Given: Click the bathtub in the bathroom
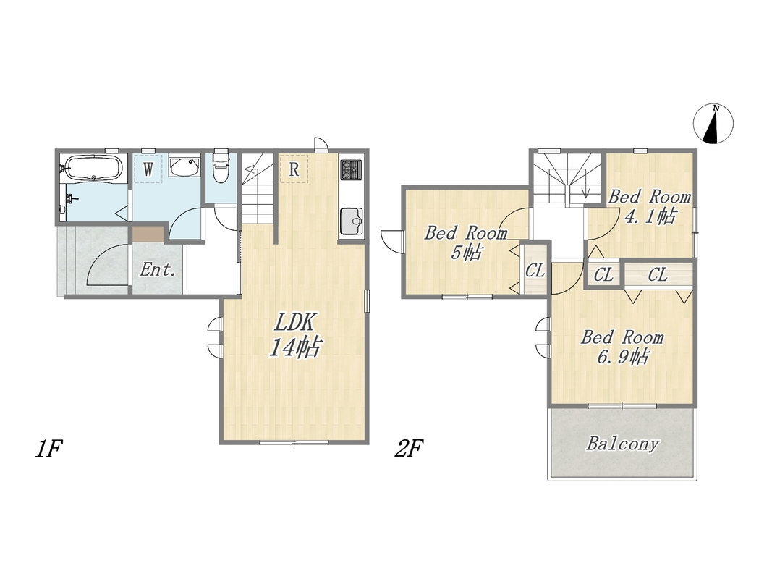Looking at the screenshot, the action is click(93, 169).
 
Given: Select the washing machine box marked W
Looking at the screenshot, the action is click(148, 169).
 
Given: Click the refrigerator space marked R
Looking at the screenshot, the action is click(294, 169).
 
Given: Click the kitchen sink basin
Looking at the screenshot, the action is click(351, 221).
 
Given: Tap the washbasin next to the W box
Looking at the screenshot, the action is click(184, 165).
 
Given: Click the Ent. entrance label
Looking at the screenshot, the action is click(158, 269).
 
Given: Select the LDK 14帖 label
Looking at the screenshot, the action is click(294, 335).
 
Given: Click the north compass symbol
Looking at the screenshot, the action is click(713, 124).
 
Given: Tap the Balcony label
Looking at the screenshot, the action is click(622, 444).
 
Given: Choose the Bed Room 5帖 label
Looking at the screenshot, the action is click(466, 242).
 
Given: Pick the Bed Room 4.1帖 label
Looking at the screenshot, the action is click(650, 206).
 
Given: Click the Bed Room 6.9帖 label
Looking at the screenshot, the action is click(622, 347).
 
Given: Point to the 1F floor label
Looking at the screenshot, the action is click(48, 449).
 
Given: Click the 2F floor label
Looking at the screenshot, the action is click(409, 448).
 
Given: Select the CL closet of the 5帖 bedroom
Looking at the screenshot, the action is click(535, 270).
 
